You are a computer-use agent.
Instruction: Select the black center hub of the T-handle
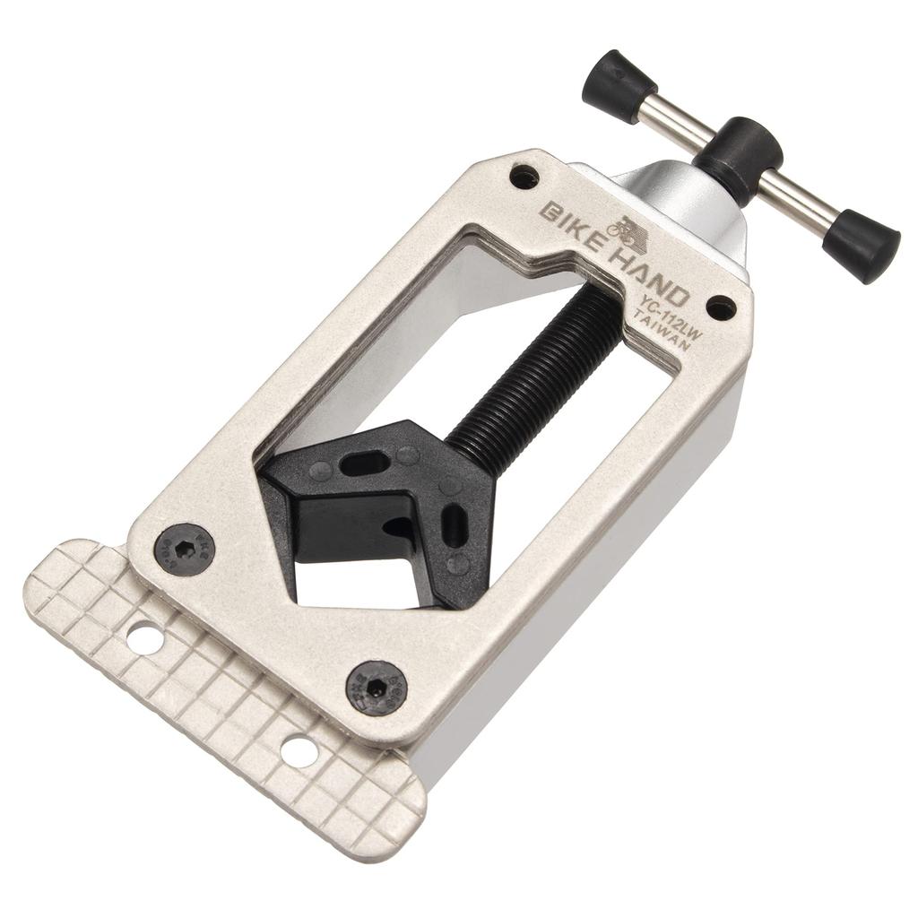click(x=738, y=158)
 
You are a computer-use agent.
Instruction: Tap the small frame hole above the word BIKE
click(x=524, y=177)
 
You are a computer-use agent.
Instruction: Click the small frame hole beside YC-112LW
click(x=721, y=308)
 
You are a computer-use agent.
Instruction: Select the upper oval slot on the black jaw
click(x=365, y=463)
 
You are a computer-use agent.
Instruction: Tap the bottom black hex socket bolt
click(x=377, y=688)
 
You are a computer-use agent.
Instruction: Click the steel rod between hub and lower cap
click(x=798, y=199)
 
